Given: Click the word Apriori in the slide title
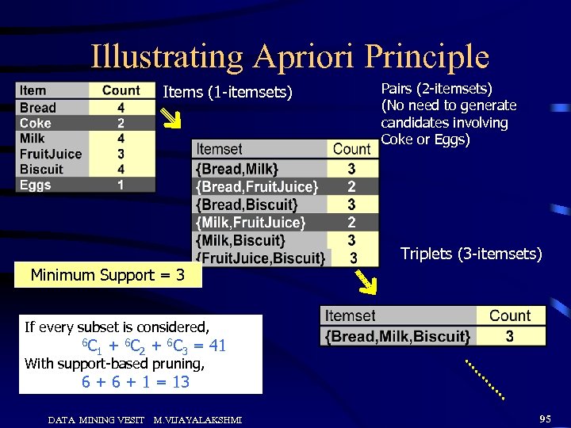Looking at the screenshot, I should [x=304, y=57].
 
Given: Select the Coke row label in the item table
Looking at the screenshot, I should [x=35, y=123].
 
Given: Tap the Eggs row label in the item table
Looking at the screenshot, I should [x=35, y=185].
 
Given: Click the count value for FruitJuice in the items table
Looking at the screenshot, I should [x=121, y=154].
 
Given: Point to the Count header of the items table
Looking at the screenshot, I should [x=121, y=91].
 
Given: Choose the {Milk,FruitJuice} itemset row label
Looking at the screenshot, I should [x=250, y=222].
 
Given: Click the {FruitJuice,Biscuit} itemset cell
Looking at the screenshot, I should [x=261, y=258].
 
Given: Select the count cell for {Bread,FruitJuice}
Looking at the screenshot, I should [x=351, y=186].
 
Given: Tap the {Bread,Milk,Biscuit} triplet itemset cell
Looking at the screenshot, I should [x=399, y=336].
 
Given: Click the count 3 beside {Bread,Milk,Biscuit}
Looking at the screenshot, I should [x=509, y=336].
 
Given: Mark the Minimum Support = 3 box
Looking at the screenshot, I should [x=108, y=276].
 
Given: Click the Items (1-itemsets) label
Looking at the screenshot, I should [x=228, y=93].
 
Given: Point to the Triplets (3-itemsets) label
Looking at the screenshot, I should [x=471, y=254].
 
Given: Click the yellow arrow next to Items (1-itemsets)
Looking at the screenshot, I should [x=172, y=120].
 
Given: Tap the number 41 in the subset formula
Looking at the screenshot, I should [x=217, y=346].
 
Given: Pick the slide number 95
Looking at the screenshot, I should [x=545, y=418].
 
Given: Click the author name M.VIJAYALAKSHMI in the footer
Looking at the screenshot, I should [x=197, y=419].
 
